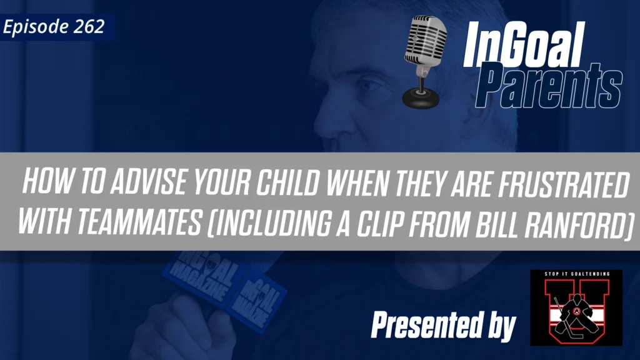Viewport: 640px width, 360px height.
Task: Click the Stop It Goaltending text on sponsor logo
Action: click(x=576, y=276)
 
